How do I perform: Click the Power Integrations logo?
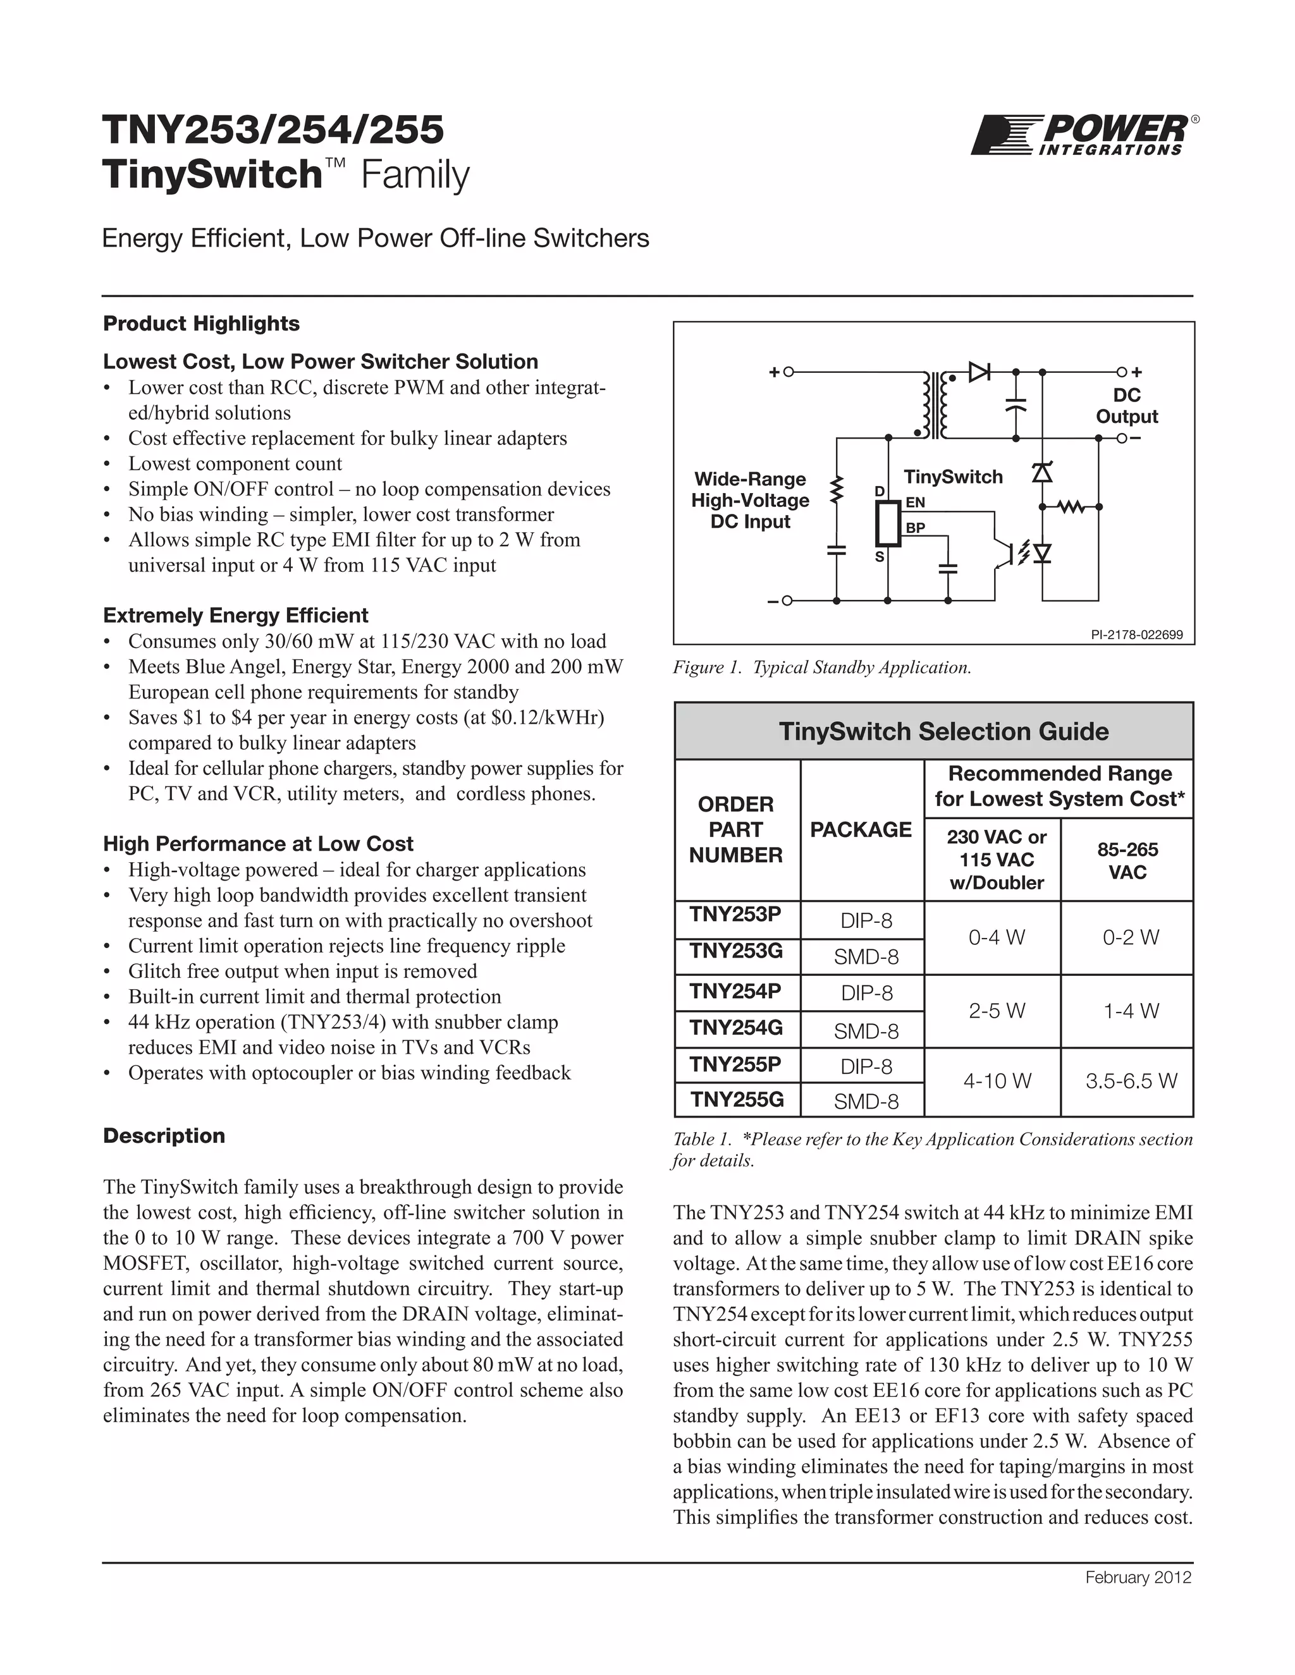click(1083, 136)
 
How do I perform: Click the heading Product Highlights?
click(201, 324)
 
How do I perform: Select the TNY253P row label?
click(735, 914)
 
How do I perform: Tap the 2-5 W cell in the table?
click(997, 1011)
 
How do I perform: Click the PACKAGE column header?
click(861, 829)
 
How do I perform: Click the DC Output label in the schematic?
click(1126, 406)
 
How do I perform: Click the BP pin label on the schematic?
click(915, 528)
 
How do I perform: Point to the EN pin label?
click(915, 502)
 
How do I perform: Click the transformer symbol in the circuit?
click(935, 405)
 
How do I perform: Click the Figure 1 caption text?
click(821, 667)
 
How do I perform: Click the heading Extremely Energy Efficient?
click(235, 616)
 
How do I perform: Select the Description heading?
click(164, 1136)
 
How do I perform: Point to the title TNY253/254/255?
click(273, 129)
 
